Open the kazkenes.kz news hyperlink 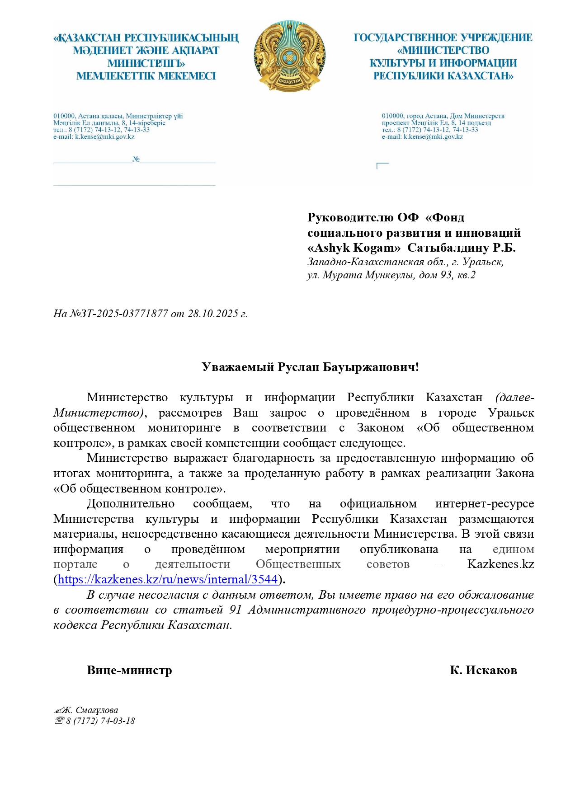pos(167,579)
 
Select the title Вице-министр pos(129,670)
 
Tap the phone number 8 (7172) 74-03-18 pos(100,721)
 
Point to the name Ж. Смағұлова pos(90,710)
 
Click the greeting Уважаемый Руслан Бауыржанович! pos(310,367)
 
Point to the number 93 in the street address pos(446,275)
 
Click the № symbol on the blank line pos(136,159)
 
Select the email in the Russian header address pos(433,136)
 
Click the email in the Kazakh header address pos(104,136)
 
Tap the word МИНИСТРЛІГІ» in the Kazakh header pos(146,63)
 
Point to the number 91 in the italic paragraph pos(235,610)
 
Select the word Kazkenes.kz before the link pos(500,564)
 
